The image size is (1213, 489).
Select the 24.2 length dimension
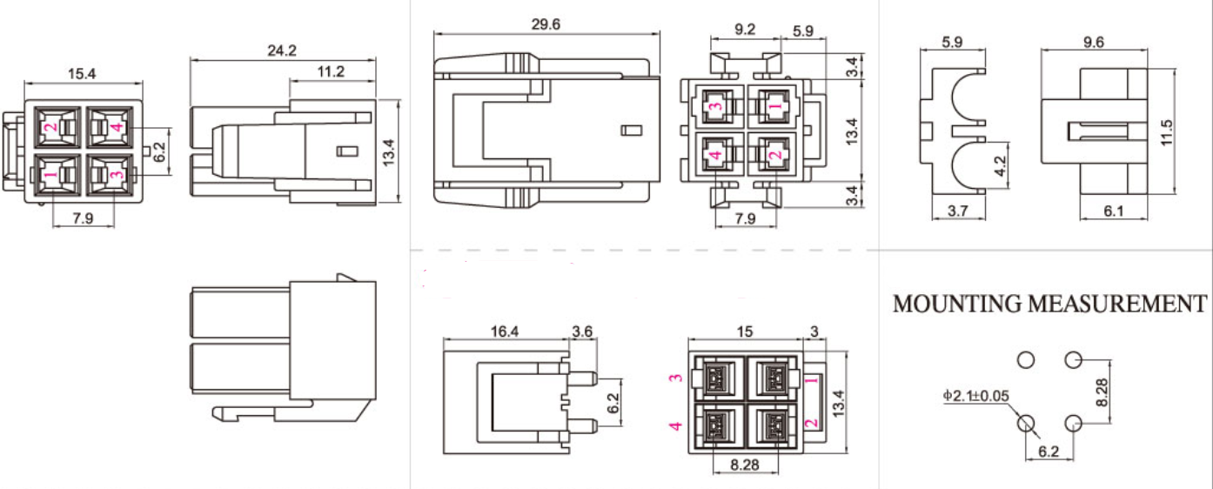coord(282,51)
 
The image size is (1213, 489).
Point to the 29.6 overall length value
coord(546,24)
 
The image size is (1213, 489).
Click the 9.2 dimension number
coord(745,30)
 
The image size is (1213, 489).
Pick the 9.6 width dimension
coord(1094,42)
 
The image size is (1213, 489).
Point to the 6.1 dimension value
coord(1114,211)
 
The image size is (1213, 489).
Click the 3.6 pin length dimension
coord(582,331)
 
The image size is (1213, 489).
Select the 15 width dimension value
coord(745,331)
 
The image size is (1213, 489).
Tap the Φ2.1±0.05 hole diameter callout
coord(975,396)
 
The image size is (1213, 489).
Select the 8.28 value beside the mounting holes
coord(1101,392)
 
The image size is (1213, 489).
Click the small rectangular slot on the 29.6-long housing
coord(631,131)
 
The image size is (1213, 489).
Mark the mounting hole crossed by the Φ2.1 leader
coord(1027,424)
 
